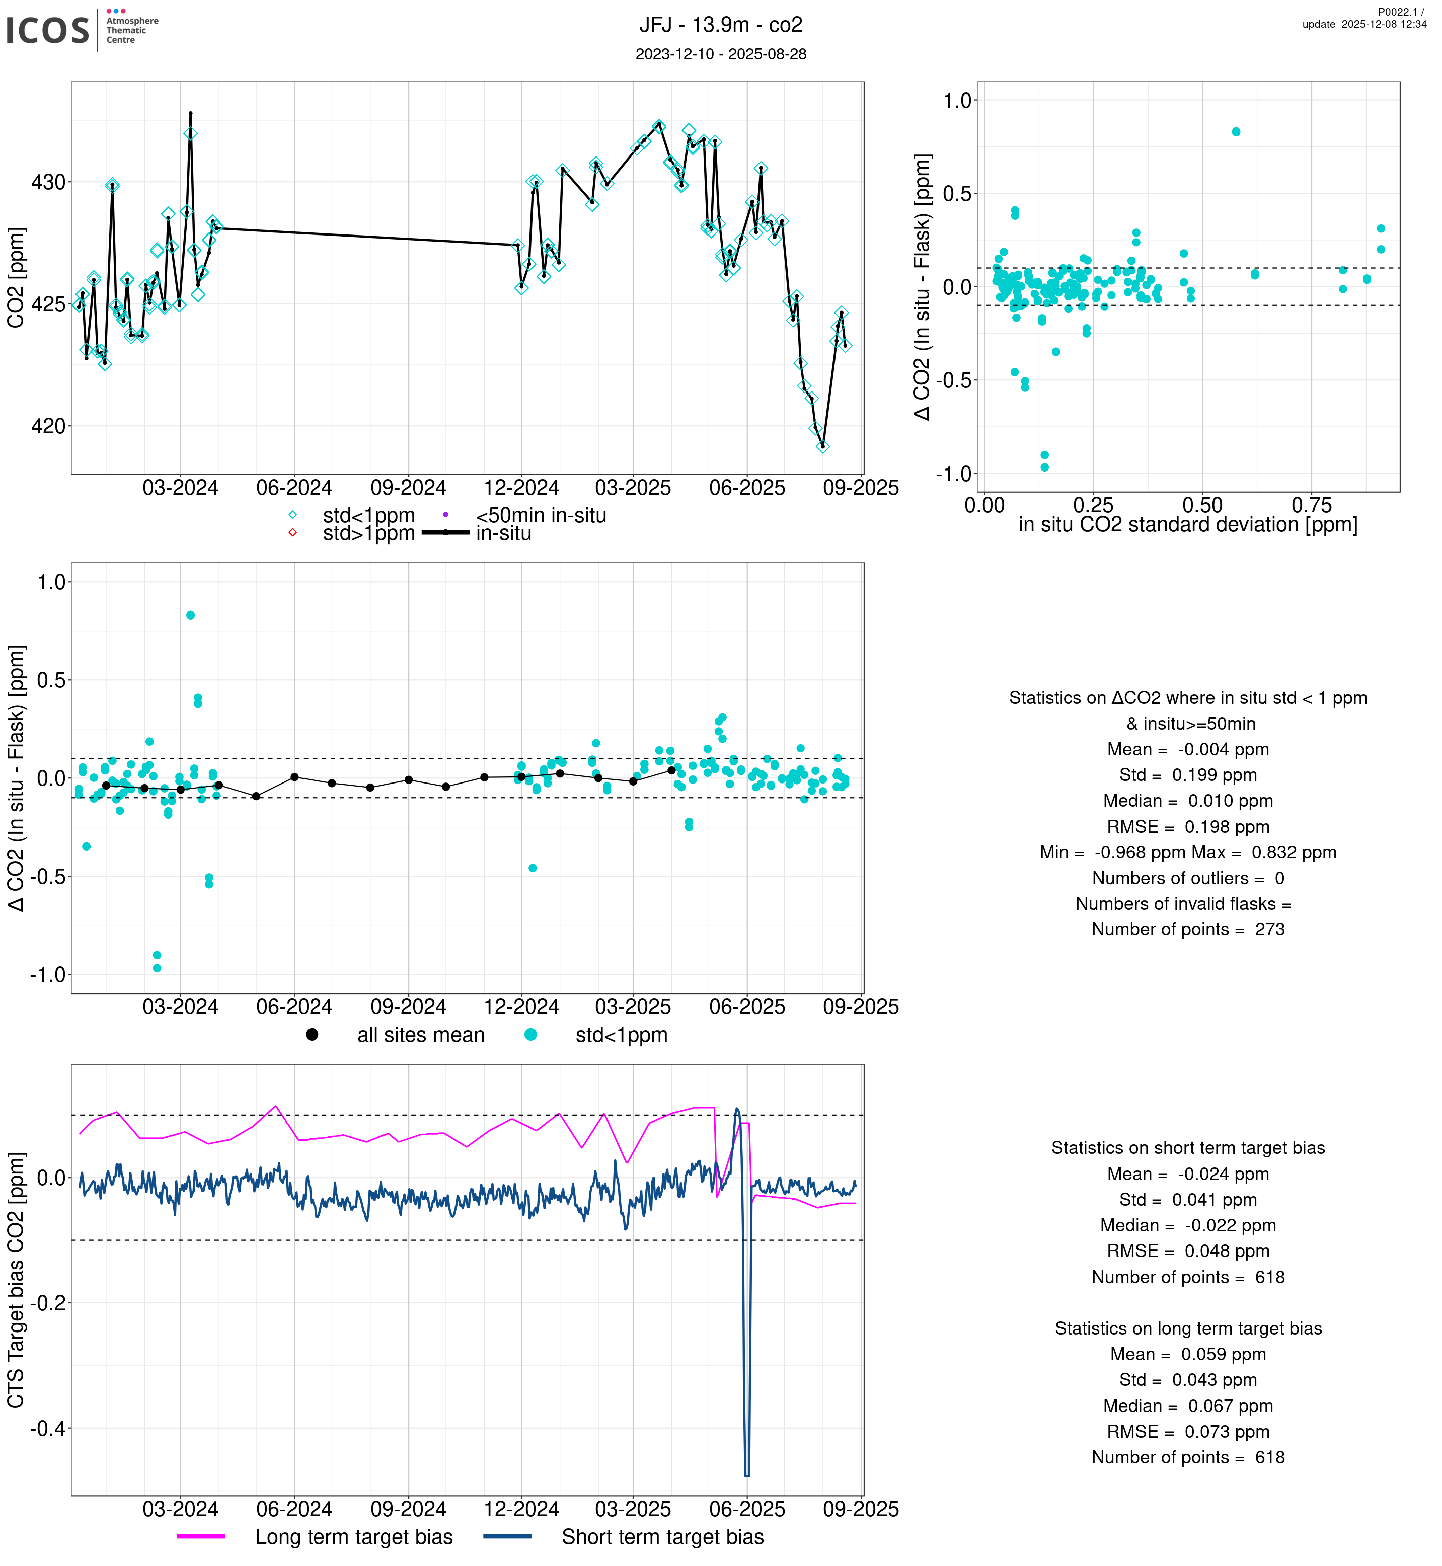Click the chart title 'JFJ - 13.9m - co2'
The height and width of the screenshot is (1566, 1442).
[720, 25]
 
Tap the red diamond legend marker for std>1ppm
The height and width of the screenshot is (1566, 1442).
[292, 534]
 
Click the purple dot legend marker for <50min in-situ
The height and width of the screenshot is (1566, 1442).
[445, 515]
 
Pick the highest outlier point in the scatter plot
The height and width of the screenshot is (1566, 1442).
[1236, 132]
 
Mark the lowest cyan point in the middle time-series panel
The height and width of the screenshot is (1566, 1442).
[157, 968]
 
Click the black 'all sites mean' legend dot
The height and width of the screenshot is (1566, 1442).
[312, 1035]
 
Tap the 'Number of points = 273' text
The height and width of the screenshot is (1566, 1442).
[1188, 930]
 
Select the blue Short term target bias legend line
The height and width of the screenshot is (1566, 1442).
[507, 1536]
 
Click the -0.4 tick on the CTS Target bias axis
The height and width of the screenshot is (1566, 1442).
[48, 1429]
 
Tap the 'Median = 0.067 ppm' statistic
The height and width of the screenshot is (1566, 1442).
[1188, 1406]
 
